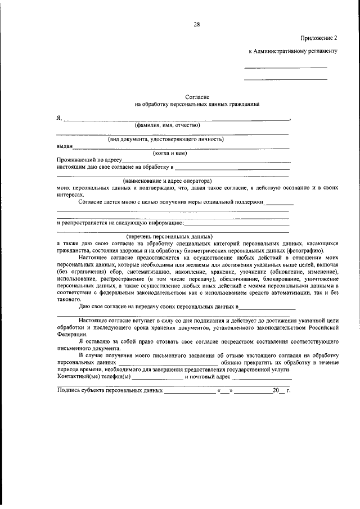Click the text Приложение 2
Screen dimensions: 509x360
coord(318,38)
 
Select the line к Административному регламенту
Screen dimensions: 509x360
coord(292,51)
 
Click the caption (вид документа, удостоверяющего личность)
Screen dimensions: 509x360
coord(166,139)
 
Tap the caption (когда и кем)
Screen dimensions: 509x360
coord(170,153)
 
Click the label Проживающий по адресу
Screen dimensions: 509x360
coord(85,160)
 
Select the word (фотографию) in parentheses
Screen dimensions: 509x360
coord(308,250)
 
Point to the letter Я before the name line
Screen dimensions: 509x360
coord(59,118)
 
